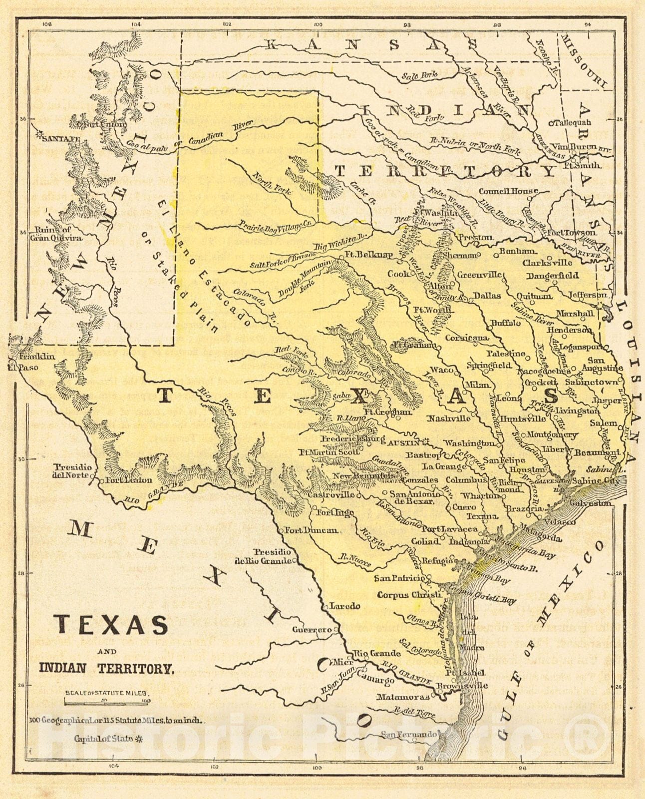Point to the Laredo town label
point(344,606)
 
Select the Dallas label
point(487,296)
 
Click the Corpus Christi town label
point(409,595)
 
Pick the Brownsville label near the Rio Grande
point(461,686)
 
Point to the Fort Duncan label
point(311,530)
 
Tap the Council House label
point(508,191)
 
